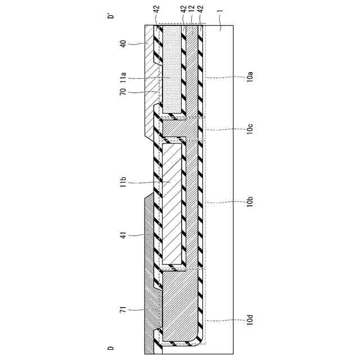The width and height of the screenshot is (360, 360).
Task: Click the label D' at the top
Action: (x=111, y=16)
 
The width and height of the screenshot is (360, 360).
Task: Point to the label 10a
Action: (x=248, y=76)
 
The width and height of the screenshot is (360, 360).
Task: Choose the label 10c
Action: (x=248, y=130)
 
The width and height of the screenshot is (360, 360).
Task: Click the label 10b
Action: (x=248, y=201)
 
